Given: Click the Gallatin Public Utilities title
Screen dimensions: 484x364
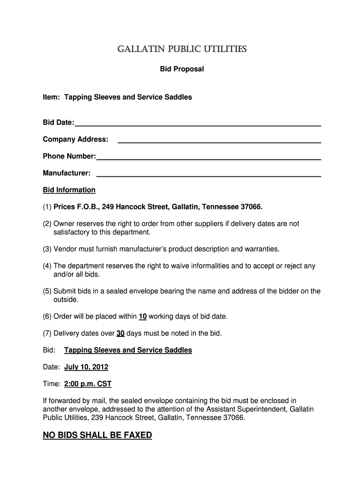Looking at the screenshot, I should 182,49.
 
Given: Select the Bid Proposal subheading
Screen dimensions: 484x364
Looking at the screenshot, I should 182,69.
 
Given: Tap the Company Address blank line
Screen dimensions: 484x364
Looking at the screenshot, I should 219,141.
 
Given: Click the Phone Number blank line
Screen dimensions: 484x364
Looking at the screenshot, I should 208,158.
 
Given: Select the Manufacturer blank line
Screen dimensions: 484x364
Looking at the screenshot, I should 208,175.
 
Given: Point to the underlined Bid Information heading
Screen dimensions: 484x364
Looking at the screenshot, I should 69,190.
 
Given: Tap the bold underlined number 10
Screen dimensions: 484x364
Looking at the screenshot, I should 143,316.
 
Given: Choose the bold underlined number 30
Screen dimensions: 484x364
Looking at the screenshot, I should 121,333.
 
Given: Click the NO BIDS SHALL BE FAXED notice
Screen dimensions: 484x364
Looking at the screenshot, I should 97,435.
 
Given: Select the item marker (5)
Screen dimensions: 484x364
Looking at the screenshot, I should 47,291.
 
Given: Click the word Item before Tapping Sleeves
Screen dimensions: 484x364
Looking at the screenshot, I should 51,97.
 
